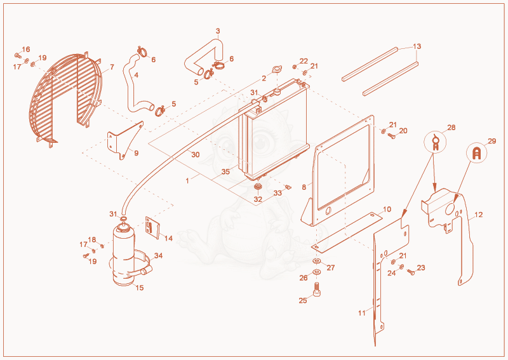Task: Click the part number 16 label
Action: [26, 50]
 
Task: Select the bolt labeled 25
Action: [316, 289]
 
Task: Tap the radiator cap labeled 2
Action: [277, 70]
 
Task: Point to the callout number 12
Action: [479, 215]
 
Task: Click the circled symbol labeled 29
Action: [477, 153]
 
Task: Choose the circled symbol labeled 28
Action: [435, 142]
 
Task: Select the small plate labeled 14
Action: [152, 227]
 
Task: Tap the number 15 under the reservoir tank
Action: [140, 288]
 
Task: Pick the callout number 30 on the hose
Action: [196, 154]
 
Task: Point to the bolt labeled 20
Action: [391, 136]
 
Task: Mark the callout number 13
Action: [417, 46]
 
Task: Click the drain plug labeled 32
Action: [258, 187]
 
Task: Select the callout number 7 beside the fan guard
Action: [112, 67]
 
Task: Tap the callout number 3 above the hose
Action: [218, 31]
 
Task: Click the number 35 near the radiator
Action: [225, 171]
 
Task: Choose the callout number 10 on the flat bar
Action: [387, 210]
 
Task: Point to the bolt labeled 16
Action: [18, 55]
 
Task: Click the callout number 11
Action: [362, 313]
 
